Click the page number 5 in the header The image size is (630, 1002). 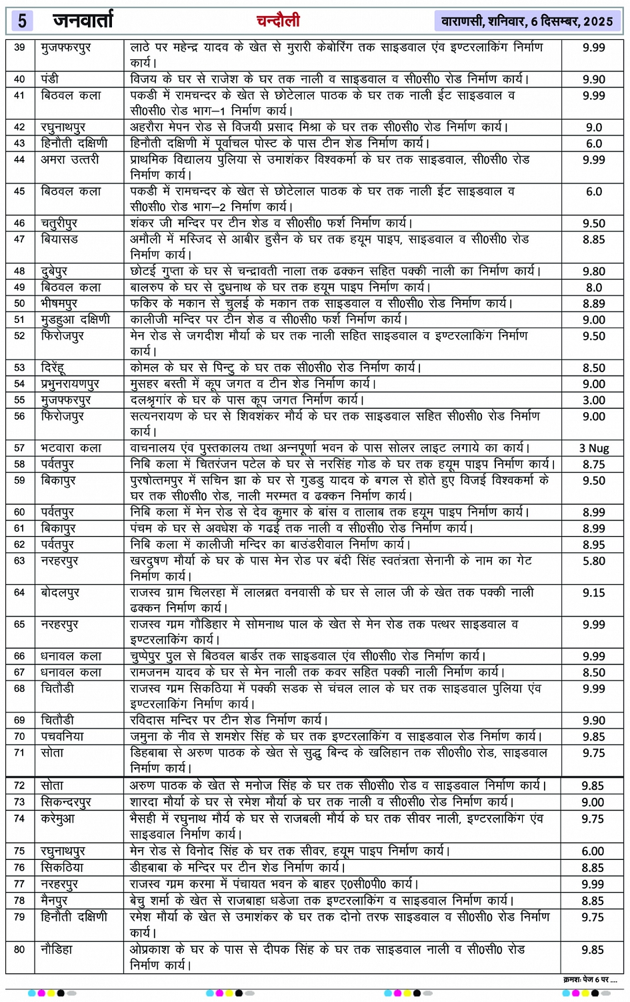(x=22, y=21)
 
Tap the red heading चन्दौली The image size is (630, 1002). (x=278, y=21)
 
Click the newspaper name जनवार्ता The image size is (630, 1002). (x=83, y=21)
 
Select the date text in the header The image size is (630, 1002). (x=527, y=21)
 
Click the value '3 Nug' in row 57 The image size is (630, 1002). (x=593, y=448)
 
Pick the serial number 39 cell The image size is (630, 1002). (x=19, y=47)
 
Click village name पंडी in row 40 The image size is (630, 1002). (x=50, y=79)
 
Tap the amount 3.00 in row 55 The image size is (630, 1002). (x=593, y=400)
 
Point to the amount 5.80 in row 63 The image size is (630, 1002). (x=593, y=561)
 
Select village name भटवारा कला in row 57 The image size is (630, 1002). (x=71, y=448)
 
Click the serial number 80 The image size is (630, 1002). (x=19, y=949)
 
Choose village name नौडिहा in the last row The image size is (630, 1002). (x=57, y=949)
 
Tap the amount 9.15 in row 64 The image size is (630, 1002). (x=593, y=592)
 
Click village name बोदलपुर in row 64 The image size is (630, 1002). (x=60, y=592)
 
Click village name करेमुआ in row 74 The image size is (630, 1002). (x=58, y=819)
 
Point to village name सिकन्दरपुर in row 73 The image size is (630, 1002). (x=66, y=803)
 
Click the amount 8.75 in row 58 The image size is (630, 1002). (x=593, y=464)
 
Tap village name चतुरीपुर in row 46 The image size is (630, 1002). (x=59, y=223)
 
